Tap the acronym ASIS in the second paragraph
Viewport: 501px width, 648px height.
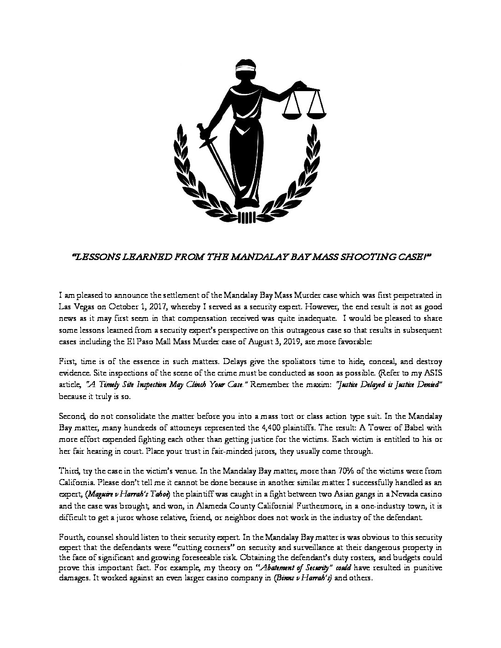pos(434,373)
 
